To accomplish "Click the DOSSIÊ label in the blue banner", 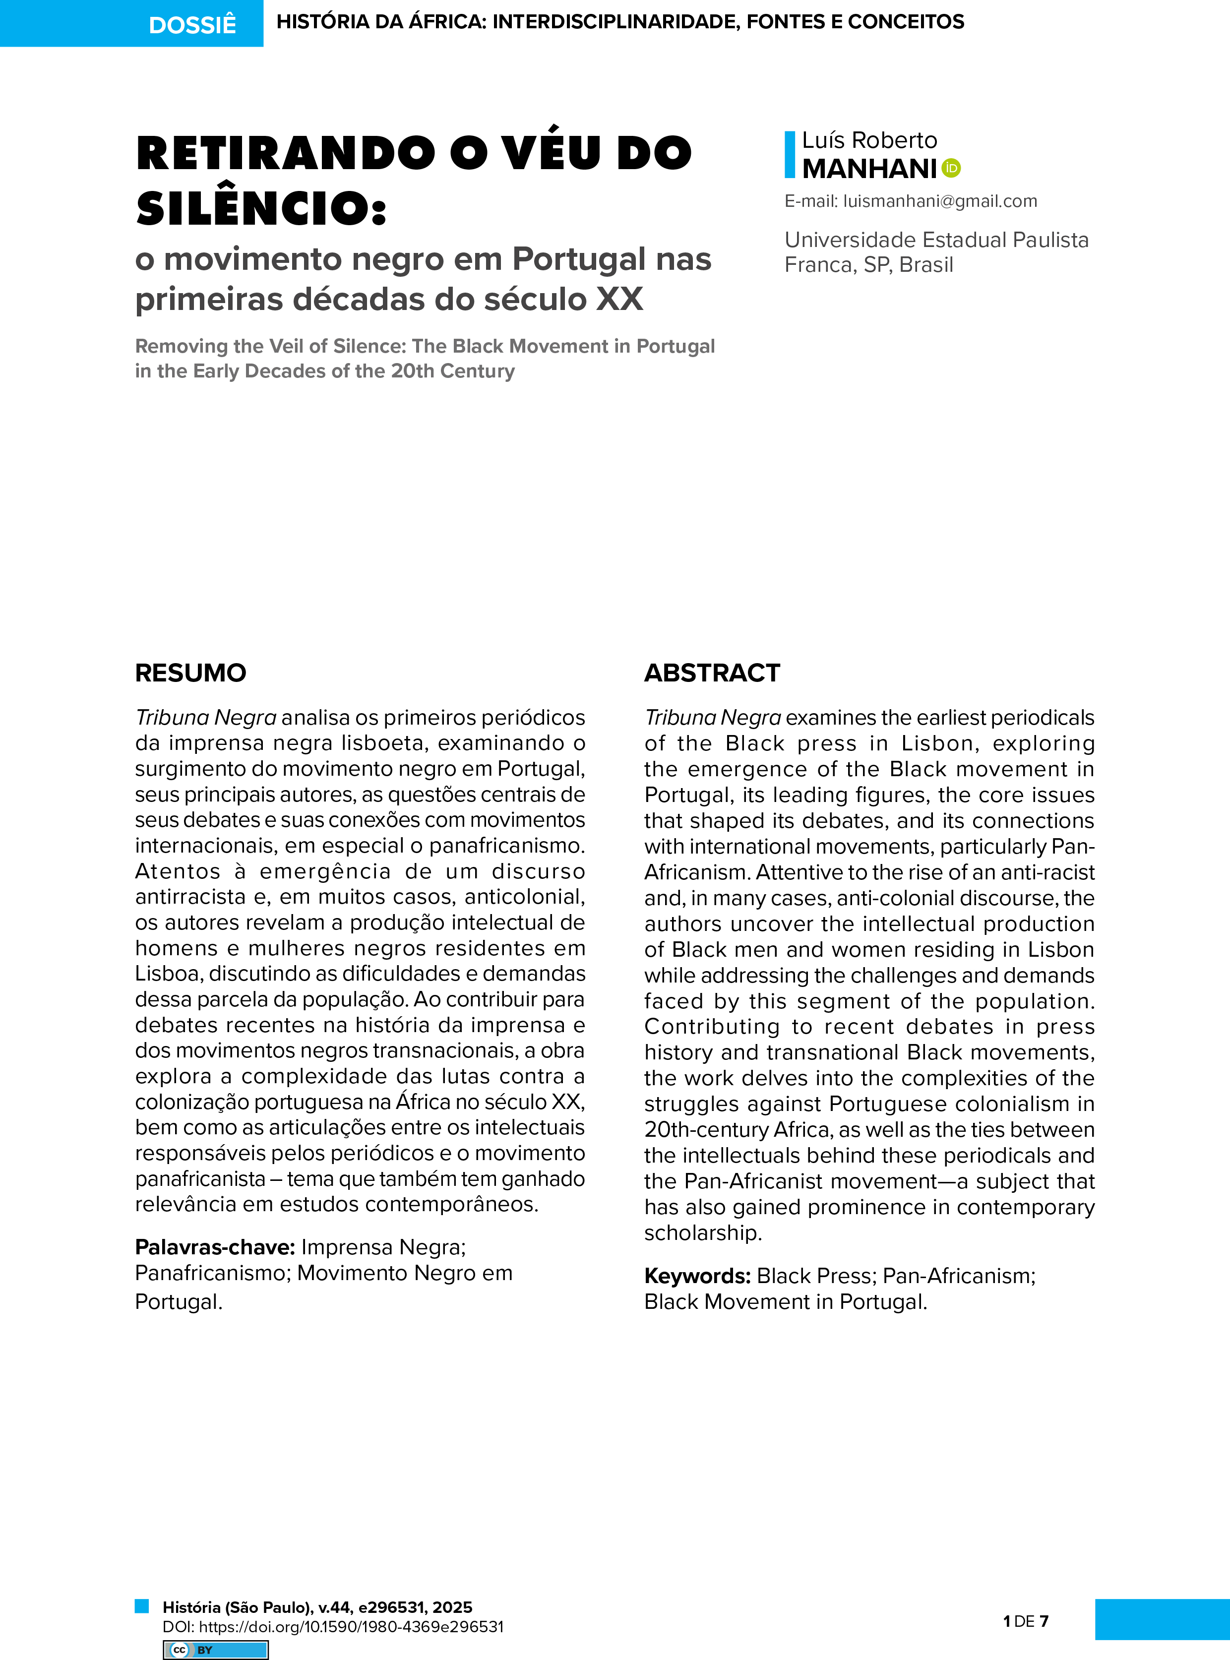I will click(x=192, y=25).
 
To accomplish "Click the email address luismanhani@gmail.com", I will click(x=940, y=201).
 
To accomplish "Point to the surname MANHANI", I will click(x=869, y=169).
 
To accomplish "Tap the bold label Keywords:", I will click(x=697, y=1276).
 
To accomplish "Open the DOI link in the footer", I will click(x=351, y=1626).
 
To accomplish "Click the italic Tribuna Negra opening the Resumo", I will click(x=205, y=718).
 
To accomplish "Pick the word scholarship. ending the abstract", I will click(x=703, y=1232).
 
